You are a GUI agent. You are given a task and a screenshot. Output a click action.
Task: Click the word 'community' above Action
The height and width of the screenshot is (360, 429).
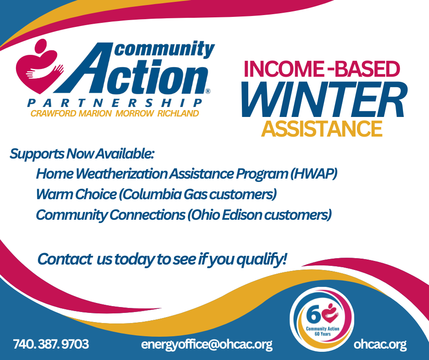164,49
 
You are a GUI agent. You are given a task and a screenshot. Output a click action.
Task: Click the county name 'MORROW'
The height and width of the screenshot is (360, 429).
134,113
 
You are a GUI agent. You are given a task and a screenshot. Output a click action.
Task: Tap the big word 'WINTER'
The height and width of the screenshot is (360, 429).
324,100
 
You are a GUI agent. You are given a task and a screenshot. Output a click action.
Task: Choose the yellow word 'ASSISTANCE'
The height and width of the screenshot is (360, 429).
322,128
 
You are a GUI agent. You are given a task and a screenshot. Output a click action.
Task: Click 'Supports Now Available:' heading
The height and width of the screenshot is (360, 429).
82,154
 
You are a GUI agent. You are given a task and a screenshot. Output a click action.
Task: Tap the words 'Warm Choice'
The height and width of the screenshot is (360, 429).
76,194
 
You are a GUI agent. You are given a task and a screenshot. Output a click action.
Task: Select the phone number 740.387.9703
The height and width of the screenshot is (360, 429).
51,344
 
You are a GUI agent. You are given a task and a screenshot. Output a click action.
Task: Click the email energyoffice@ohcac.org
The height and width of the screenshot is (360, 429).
207,344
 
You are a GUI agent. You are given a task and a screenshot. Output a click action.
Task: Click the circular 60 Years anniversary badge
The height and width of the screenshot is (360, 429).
321,319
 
